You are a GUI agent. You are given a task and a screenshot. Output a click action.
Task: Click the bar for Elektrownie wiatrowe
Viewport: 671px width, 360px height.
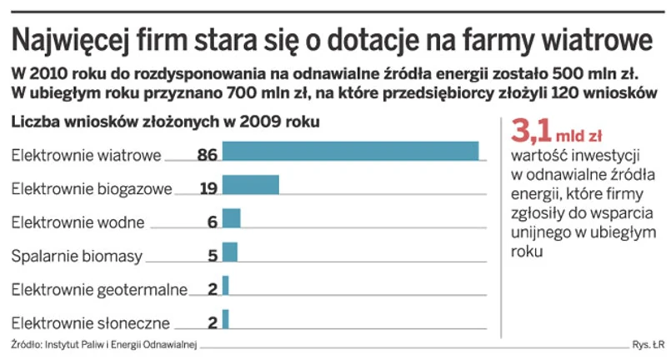[x=350, y=152]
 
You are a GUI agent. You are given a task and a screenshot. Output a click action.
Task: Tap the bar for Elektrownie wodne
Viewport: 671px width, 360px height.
[x=231, y=218]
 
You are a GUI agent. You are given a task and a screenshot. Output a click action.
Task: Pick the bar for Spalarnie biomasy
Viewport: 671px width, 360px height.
[x=229, y=252]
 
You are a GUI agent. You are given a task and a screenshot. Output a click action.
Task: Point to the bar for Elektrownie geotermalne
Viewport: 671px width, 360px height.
[x=225, y=286]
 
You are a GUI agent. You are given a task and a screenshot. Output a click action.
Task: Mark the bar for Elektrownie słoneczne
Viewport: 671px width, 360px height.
[x=225, y=319]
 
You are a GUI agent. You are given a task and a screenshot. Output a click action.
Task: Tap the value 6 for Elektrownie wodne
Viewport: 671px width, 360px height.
[x=213, y=222]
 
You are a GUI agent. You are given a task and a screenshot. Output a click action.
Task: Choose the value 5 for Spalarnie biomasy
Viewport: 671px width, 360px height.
[x=213, y=256]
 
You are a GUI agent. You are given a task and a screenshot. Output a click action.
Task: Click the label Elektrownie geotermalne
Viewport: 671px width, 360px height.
[x=99, y=289]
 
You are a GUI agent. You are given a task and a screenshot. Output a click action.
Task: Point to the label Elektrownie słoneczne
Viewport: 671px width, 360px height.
[x=91, y=322]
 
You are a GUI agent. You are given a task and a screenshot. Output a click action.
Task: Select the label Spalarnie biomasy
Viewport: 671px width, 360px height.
[x=77, y=256]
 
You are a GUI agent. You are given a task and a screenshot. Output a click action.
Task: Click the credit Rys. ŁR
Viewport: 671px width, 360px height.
[x=648, y=346]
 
